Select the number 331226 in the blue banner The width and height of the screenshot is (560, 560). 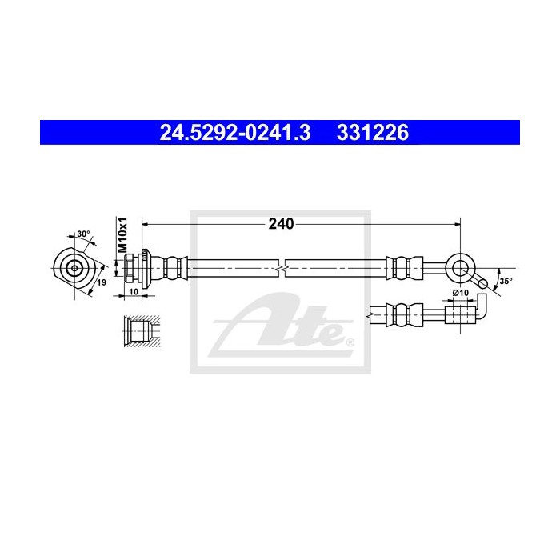coord(375,131)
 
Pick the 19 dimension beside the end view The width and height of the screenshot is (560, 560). coord(102,282)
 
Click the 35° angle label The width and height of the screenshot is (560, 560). coord(504,282)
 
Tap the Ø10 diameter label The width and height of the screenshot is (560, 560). coord(460,293)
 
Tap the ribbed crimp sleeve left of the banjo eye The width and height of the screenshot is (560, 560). coord(402,267)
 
